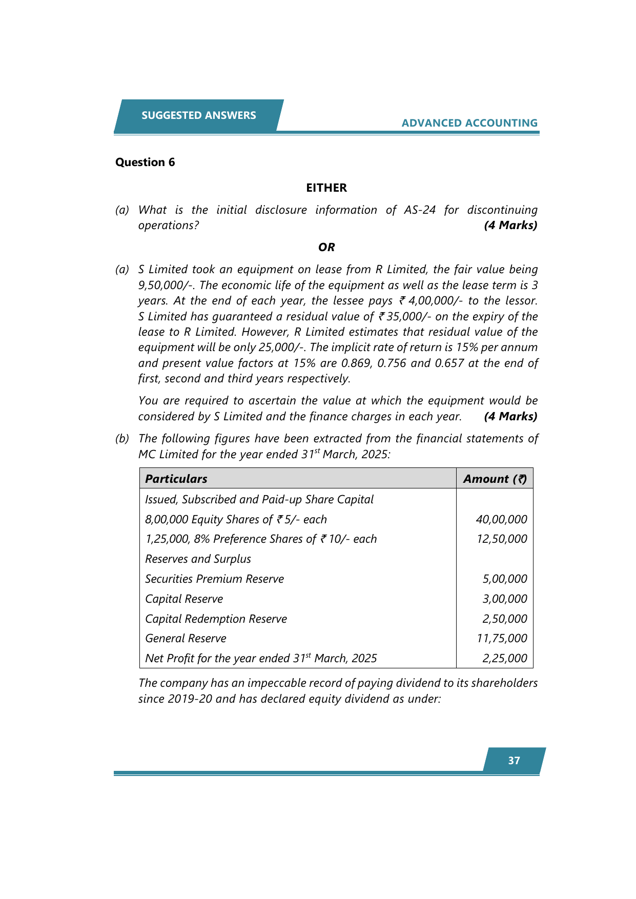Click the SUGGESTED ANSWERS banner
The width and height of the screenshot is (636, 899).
point(199,115)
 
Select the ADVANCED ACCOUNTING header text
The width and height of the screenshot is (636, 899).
point(469,123)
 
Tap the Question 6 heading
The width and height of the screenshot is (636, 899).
point(145,162)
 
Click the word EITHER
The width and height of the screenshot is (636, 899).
point(326,188)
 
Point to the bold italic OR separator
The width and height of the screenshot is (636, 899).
point(326,247)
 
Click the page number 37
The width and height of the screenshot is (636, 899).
point(514,761)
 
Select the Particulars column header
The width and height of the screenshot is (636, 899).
point(176,479)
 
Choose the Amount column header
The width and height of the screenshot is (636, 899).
point(495,479)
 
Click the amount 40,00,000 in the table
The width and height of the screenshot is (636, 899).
point(501,519)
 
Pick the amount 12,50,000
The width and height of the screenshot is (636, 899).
point(501,539)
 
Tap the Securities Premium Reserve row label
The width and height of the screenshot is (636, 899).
point(214,579)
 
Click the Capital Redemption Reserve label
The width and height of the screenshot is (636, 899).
point(216,619)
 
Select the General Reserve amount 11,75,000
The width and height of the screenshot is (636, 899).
point(501,639)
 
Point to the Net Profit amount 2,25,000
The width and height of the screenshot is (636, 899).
point(504,659)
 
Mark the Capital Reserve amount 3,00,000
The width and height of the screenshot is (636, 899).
point(504,599)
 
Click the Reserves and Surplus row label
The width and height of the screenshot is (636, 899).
point(198,559)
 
